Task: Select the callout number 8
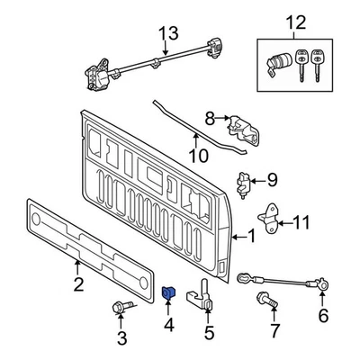(210, 117)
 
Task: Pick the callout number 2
(77, 287)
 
